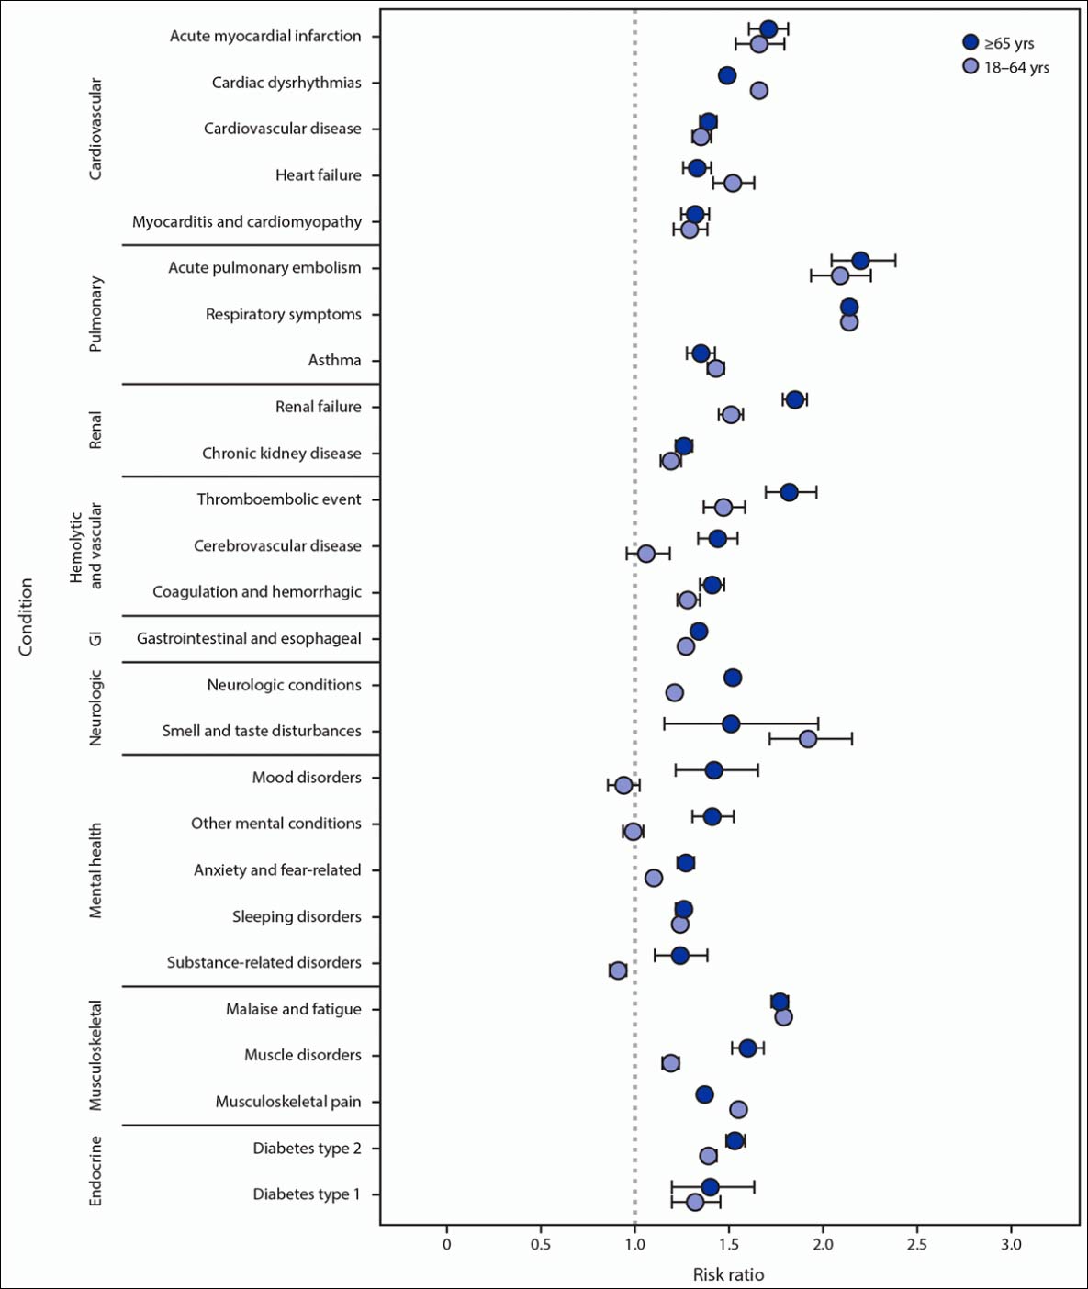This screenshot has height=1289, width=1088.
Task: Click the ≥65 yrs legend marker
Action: click(970, 42)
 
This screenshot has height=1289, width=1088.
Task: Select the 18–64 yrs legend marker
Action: click(970, 66)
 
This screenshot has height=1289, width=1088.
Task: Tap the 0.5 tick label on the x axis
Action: click(541, 1244)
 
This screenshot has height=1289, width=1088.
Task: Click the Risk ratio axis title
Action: click(728, 1274)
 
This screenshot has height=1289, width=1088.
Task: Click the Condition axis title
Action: click(26, 616)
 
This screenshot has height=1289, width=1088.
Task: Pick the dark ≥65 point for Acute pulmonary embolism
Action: click(860, 261)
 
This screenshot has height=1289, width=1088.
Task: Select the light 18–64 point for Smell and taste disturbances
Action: click(808, 739)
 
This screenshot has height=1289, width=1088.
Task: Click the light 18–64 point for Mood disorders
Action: click(623, 785)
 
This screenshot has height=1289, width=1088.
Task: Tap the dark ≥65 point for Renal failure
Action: click(795, 399)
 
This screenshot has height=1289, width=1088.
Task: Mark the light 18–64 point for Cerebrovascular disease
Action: click(646, 554)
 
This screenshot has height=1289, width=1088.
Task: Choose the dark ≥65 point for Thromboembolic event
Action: click(789, 492)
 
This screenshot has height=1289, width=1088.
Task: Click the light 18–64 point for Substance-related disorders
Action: click(618, 970)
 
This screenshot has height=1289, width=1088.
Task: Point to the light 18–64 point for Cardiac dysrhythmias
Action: click(759, 90)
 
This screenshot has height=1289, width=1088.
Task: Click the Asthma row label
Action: click(334, 360)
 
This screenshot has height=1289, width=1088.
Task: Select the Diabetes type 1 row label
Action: click(307, 1194)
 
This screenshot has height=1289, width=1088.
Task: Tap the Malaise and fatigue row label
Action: click(294, 1009)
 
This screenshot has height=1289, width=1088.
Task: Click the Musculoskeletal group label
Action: click(95, 1055)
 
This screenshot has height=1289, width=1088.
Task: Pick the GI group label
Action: click(95, 638)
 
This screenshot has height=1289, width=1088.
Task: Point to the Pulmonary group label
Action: click(95, 313)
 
